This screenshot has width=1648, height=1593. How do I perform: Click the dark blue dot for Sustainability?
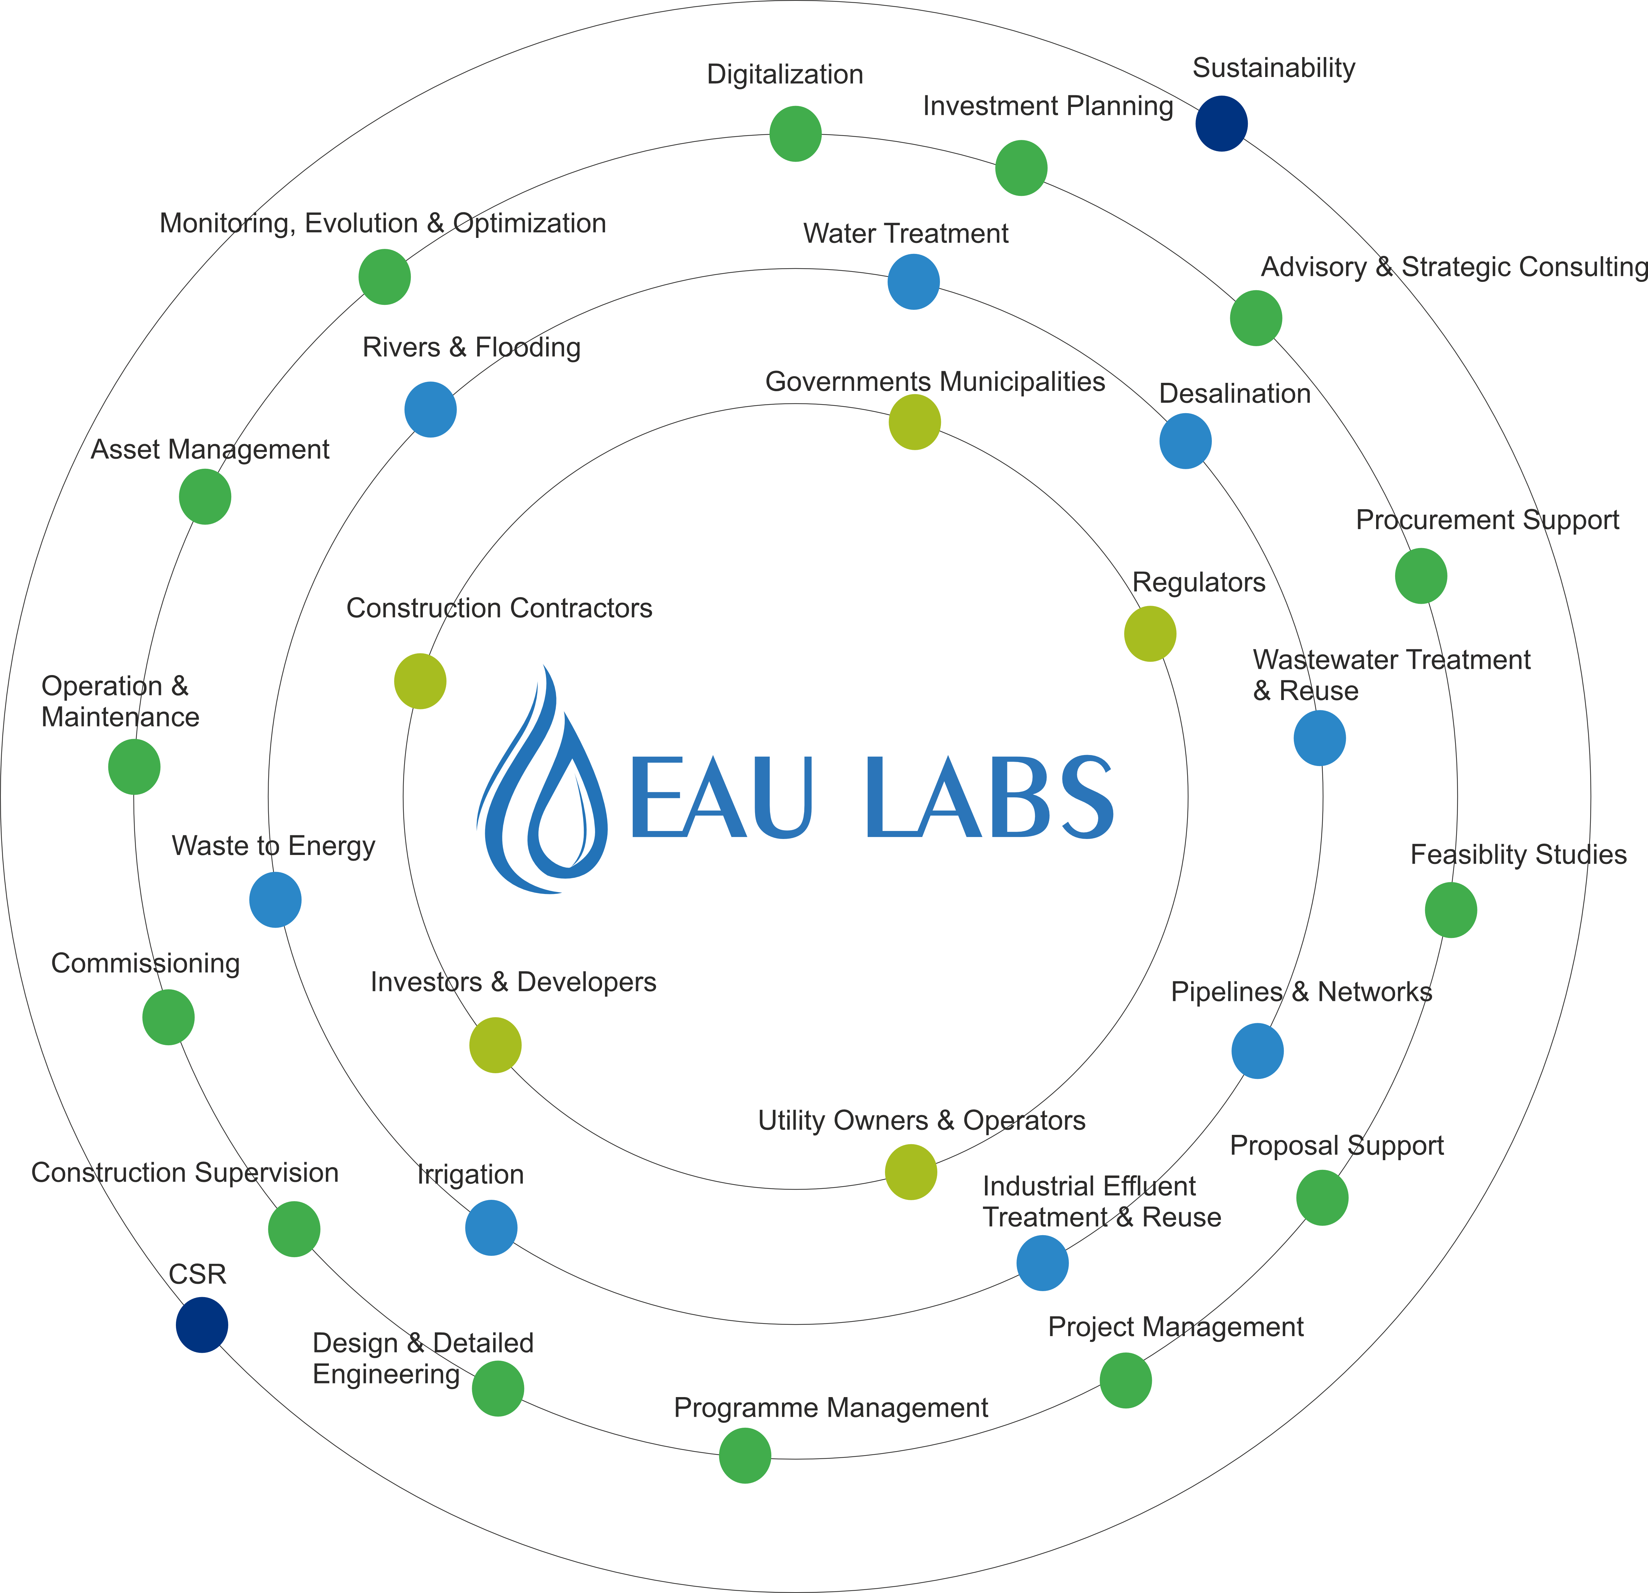pos(1222,124)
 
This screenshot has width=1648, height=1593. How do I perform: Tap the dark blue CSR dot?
pos(202,1325)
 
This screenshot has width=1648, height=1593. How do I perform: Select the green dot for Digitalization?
pos(795,134)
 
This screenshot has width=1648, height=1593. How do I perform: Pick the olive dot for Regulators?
pos(1150,634)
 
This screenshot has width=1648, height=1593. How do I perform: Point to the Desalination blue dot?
pos(1186,440)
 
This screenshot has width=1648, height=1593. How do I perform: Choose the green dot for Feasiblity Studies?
pos(1451,910)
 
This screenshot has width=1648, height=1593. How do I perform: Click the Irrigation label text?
pos(471,1175)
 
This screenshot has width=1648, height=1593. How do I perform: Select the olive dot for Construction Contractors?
pos(420,681)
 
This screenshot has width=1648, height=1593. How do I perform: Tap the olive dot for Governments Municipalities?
pos(915,422)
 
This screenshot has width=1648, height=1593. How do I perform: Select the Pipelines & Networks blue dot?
pos(1258,1051)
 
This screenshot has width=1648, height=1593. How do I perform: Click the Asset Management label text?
pos(210,450)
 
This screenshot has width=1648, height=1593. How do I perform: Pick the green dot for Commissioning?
pos(168,1017)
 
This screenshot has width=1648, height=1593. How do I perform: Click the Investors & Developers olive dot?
pos(495,1045)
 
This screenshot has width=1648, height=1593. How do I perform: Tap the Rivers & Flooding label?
pos(472,347)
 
